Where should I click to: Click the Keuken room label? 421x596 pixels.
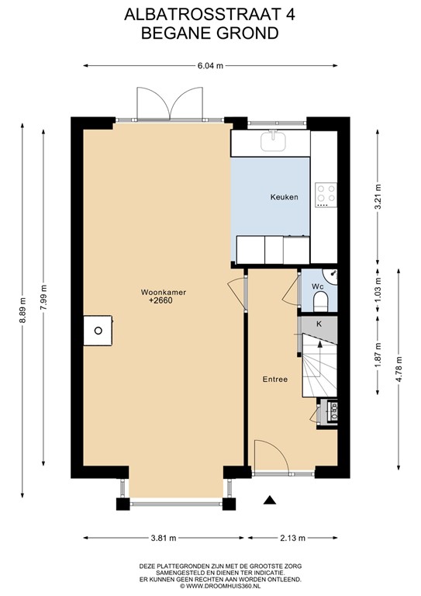(284, 198)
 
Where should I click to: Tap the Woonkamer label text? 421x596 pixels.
(163, 293)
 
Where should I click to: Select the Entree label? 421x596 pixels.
(275, 379)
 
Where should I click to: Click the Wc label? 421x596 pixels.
(316, 286)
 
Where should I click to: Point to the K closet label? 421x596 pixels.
(319, 323)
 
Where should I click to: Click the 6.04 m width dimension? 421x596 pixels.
(210, 66)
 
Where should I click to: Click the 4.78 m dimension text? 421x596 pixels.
(400, 366)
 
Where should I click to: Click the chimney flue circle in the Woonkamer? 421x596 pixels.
(98, 330)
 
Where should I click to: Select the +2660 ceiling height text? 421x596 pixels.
(163, 302)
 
